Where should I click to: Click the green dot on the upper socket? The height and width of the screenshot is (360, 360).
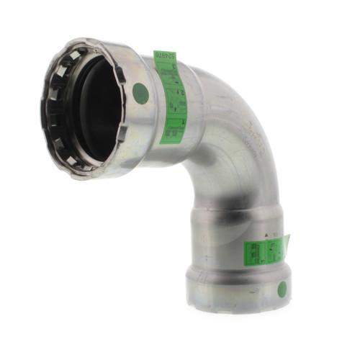[141, 93]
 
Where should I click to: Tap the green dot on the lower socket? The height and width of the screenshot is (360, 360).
[282, 289]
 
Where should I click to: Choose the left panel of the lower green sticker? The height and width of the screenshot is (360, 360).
[256, 252]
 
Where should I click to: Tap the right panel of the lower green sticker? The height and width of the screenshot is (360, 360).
[276, 249]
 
